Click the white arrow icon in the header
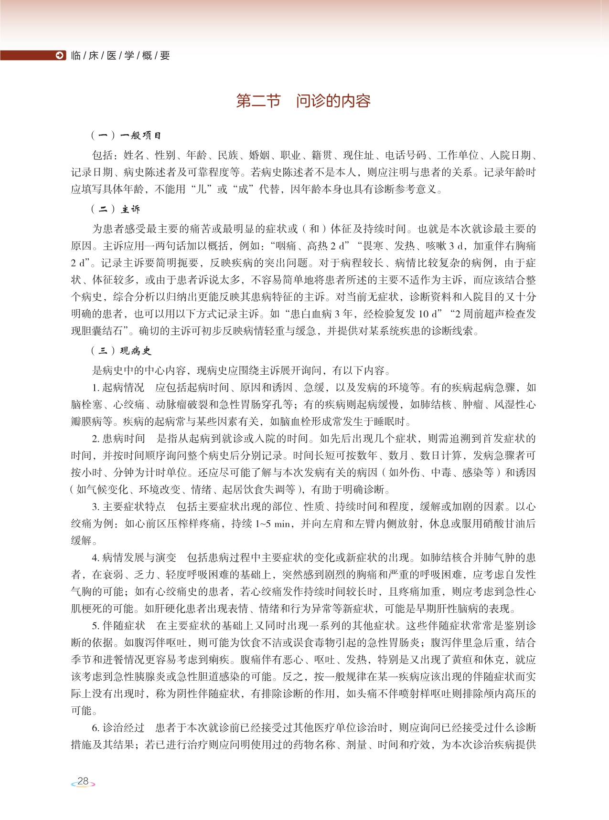[x=60, y=55]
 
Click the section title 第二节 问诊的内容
[x=303, y=101]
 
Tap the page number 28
[x=83, y=781]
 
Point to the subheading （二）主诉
[x=116, y=209]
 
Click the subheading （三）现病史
[x=121, y=351]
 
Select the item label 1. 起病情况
[x=118, y=388]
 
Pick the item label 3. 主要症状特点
[x=129, y=506]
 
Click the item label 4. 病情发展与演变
[x=134, y=557]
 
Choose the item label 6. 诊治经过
[x=118, y=728]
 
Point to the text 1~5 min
[x=273, y=524]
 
